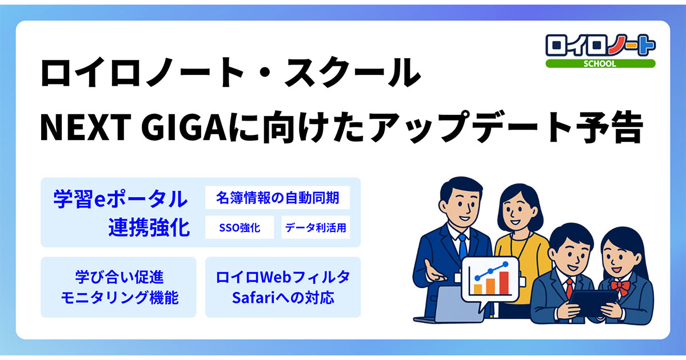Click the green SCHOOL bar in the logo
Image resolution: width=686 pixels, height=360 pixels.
pyautogui.click(x=600, y=63)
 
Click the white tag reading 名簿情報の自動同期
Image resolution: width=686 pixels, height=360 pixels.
pyautogui.click(x=277, y=198)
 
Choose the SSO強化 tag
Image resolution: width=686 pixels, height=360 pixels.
pyautogui.click(x=240, y=227)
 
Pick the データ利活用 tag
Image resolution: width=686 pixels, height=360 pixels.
pyautogui.click(x=316, y=227)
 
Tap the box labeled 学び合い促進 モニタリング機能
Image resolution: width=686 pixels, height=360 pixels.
pyautogui.click(x=118, y=287)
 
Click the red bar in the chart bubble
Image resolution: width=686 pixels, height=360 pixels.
pyautogui.click(x=504, y=281)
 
